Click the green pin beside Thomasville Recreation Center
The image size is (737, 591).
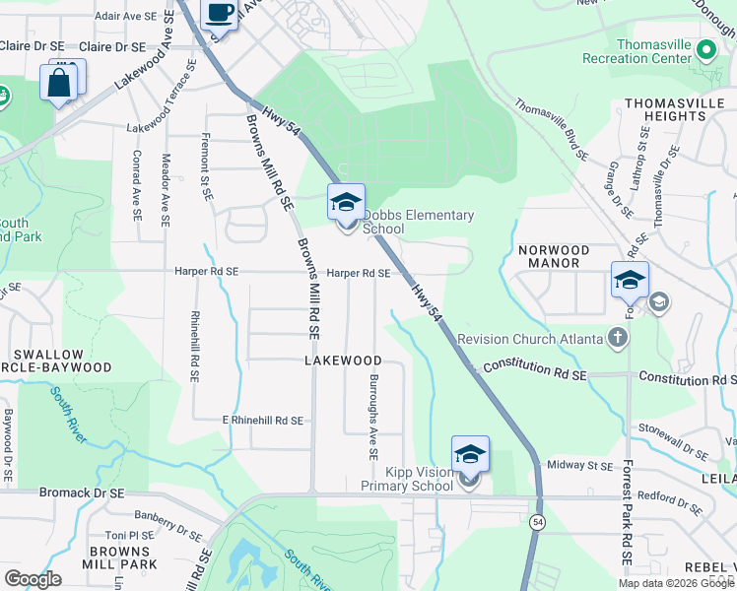tap(705, 49)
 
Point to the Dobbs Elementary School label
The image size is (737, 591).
tap(418, 222)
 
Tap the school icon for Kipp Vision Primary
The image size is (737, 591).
tap(470, 456)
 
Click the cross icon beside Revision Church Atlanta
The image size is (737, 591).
tap(618, 339)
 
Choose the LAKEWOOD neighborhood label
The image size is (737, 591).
tap(343, 361)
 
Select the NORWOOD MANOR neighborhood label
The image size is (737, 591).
tap(554, 257)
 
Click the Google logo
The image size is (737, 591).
tap(33, 579)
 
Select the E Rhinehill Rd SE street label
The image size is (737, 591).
tap(262, 420)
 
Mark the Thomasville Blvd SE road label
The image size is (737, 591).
tap(552, 128)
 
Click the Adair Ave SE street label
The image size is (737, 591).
tap(126, 17)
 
